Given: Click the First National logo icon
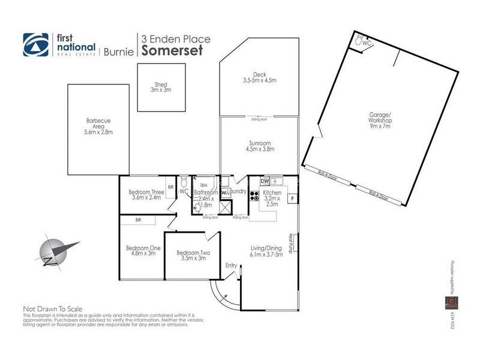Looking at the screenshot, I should pyautogui.click(x=35, y=44).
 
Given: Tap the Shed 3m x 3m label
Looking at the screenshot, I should pyautogui.click(x=161, y=87).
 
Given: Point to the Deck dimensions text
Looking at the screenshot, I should pyautogui.click(x=259, y=80).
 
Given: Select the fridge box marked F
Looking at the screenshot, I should pyautogui.click(x=292, y=197).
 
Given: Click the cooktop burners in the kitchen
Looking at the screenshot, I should pyautogui.click(x=254, y=196).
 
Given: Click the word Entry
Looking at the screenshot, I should pyautogui.click(x=230, y=265).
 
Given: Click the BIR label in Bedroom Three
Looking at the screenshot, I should pyautogui.click(x=170, y=187).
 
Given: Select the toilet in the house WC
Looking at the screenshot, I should pyautogui.click(x=184, y=182).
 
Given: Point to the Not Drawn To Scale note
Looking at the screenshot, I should pyautogui.click(x=53, y=308).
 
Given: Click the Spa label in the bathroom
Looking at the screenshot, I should pyautogui.click(x=203, y=185).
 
